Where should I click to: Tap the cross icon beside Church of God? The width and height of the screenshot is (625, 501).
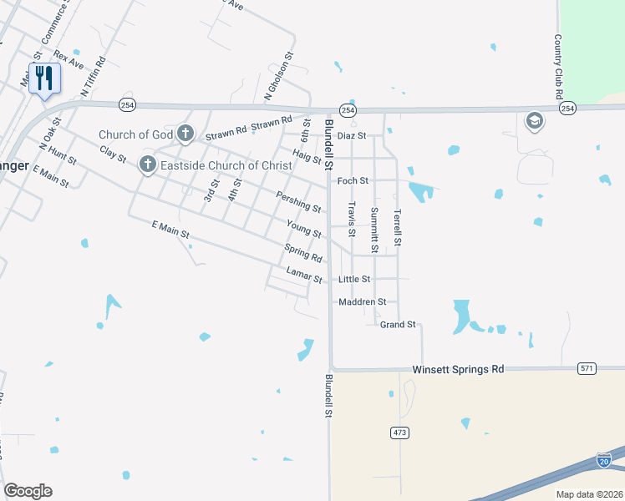pos(185,133)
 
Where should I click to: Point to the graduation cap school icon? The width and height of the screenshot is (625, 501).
pos(533,122)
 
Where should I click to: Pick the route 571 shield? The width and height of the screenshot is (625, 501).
pos(587,368)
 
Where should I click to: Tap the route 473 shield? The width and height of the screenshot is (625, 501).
pos(399,433)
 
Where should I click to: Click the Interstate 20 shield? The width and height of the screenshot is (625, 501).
pos(604,460)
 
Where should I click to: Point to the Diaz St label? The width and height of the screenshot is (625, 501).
pos(352,135)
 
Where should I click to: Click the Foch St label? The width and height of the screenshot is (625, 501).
pos(352,180)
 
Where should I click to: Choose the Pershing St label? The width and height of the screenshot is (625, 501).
pos(298,201)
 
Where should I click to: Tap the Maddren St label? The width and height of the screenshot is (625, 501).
pos(362,301)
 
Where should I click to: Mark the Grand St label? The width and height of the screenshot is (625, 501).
pos(398,324)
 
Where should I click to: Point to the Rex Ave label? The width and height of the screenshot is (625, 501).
pos(69,59)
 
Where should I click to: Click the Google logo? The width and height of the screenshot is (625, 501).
pos(28,491)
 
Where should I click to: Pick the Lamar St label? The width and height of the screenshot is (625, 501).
pos(304,275)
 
